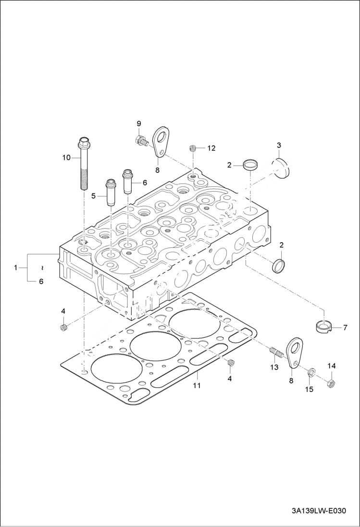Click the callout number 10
coord(66,157)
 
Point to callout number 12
coord(211,148)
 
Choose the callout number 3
coord(279,145)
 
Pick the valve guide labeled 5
coord(110,193)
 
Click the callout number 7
coord(345,328)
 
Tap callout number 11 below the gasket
coord(196,385)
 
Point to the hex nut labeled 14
coord(331,384)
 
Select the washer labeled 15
coord(311,371)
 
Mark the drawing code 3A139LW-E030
coord(318,511)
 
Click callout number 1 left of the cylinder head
coord(16,267)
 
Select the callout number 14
coord(332,366)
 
